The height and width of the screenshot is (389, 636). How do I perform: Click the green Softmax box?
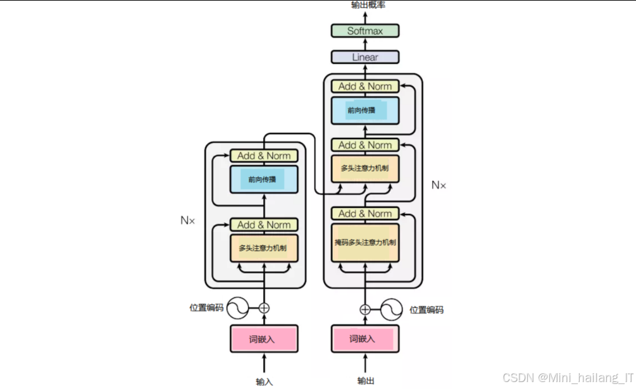365,30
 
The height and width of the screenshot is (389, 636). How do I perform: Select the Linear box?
365,57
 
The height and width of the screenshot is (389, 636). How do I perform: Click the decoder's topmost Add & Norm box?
365,86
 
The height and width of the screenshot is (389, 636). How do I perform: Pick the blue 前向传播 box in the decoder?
365,111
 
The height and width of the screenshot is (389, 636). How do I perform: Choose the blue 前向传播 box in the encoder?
264,179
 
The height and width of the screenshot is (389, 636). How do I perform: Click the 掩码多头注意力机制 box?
365,242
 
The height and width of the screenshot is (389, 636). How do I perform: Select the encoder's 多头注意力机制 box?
264,248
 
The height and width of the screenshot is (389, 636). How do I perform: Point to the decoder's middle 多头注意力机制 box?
365,169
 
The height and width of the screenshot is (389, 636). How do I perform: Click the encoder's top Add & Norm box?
264,156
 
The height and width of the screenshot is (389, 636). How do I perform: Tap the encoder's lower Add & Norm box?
264,225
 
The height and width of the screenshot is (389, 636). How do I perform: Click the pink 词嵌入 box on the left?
264,339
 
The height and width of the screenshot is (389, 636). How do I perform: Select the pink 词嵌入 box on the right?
365,339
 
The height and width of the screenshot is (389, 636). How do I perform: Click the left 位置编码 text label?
206,308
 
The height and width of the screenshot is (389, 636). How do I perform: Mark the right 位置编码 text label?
427,310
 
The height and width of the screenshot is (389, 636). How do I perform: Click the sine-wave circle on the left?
238,308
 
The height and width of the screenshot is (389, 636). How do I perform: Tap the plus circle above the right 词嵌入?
365,309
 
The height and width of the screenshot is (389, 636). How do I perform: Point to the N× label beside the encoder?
188,221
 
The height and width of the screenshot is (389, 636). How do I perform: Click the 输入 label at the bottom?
265,381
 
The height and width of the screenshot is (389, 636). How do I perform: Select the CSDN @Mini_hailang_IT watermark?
568,377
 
